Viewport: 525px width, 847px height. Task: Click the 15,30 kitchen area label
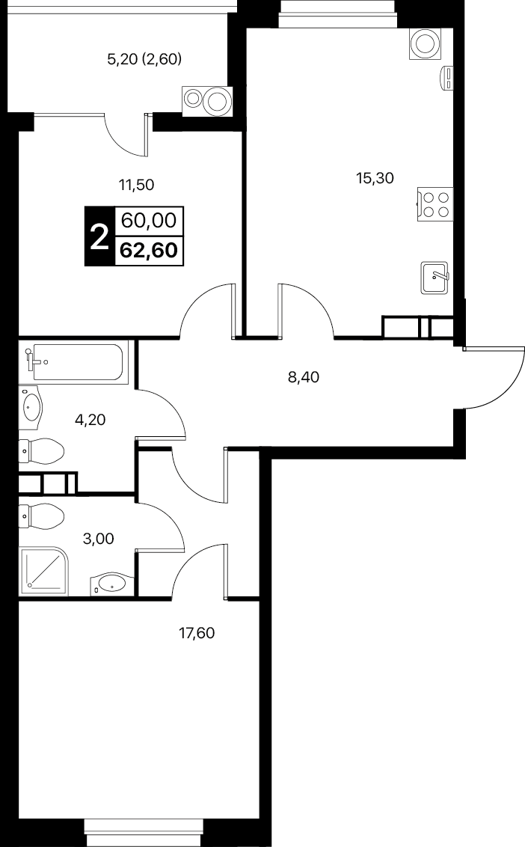375,178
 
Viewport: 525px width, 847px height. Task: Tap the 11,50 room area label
136,186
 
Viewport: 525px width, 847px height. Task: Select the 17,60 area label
197,632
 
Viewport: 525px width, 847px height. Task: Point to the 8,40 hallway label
303,377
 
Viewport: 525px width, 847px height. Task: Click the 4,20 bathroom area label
90,419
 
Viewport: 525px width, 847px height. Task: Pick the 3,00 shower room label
98,539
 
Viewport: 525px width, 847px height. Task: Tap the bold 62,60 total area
149,251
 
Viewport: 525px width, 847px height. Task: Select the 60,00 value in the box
149,221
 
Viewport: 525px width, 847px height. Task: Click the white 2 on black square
99,236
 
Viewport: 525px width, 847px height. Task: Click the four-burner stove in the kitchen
435,204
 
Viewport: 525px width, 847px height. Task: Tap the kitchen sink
434,278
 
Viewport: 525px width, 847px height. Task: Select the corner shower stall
44,572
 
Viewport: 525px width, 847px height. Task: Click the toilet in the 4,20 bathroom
42,451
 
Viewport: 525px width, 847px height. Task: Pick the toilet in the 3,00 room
42,516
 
